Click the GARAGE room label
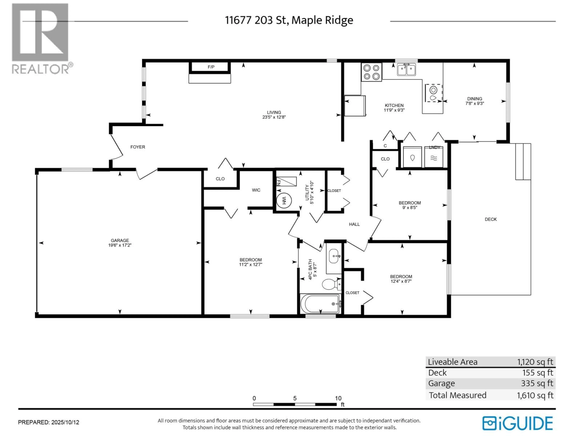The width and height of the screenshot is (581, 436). [x=120, y=240]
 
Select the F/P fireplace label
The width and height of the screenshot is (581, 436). [x=211, y=67]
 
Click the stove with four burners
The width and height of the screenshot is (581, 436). [x=371, y=72]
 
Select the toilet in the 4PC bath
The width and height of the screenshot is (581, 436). [x=332, y=284]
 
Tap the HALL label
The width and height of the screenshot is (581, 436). [x=354, y=224]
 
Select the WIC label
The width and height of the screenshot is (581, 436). [x=256, y=190]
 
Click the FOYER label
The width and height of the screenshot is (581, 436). [x=138, y=147]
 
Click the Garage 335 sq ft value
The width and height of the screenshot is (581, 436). [x=537, y=383]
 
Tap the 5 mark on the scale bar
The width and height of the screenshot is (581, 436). [x=295, y=398]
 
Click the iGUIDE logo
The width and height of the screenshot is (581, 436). [x=517, y=423]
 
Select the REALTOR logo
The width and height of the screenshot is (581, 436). [x=42, y=39]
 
